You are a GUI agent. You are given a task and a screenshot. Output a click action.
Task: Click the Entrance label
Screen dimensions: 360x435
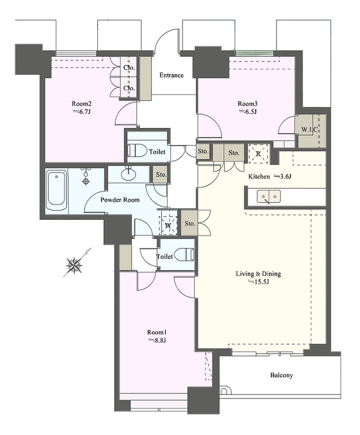click(x=172, y=75)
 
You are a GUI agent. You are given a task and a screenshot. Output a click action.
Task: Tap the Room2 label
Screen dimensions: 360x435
click(x=82, y=104)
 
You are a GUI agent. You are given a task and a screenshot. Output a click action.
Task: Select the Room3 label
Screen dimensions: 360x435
click(x=248, y=104)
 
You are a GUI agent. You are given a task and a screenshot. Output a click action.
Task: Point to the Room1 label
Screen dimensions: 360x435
click(x=157, y=332)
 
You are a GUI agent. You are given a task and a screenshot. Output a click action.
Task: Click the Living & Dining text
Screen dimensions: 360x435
click(x=258, y=274)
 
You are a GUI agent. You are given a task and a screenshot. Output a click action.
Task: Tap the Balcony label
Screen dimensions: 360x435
click(x=282, y=375)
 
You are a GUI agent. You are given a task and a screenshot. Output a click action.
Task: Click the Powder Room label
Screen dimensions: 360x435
click(x=120, y=200)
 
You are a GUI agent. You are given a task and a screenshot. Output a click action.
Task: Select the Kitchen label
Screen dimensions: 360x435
click(x=259, y=176)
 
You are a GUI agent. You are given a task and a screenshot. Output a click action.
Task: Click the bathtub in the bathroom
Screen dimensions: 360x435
click(x=57, y=191)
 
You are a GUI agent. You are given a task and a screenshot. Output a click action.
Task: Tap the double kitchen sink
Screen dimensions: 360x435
click(x=268, y=197)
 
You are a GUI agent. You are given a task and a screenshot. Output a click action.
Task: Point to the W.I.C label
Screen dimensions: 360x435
click(x=309, y=129)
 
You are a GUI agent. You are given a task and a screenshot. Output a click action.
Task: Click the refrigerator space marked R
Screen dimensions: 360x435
click(x=258, y=154)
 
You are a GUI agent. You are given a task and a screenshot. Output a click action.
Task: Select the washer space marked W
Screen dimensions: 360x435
click(x=168, y=225)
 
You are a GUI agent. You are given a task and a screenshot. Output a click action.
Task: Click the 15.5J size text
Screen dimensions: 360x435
click(x=259, y=282)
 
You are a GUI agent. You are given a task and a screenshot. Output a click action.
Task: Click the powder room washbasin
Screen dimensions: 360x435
click(x=129, y=175)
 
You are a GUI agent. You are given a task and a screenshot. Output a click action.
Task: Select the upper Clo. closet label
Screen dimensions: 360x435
click(x=129, y=67)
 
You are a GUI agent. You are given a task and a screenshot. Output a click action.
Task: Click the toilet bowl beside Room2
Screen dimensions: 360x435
click(x=138, y=151)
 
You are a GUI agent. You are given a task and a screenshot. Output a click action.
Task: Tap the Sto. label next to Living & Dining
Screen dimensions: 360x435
click(x=190, y=223)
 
